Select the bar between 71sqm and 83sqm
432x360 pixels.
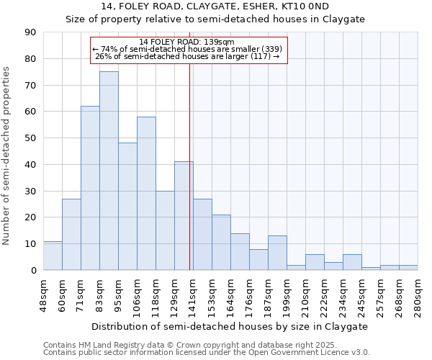coord(90,188)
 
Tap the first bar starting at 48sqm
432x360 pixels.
coord(53,256)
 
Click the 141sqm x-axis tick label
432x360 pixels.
coord(194,296)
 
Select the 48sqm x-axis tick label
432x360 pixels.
coord(44,296)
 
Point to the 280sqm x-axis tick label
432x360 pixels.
coord(418,296)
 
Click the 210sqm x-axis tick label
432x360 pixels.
coord(306,296)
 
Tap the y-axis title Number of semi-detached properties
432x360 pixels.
coord(7,156)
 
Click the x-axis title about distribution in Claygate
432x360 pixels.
coord(230,326)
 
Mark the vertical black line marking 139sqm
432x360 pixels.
coord(189,180)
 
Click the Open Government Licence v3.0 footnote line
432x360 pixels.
coord(207,353)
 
